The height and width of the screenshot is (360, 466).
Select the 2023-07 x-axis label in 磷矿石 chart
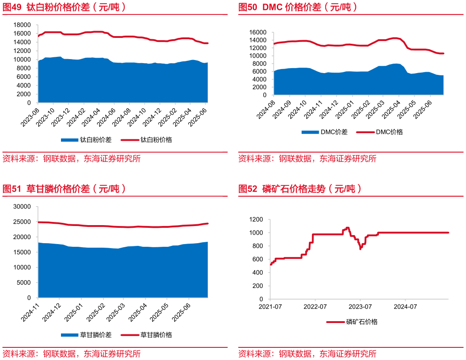(x=360, y=307)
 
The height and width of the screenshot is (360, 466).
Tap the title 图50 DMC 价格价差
(x=298, y=7)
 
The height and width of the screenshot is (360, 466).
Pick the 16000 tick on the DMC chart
(x=257, y=32)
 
